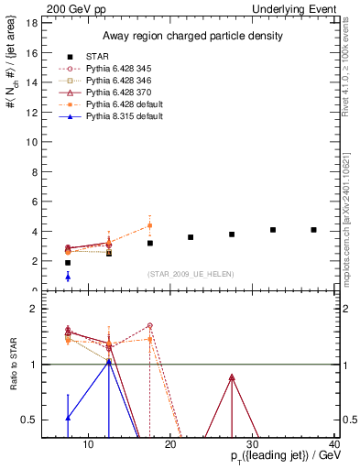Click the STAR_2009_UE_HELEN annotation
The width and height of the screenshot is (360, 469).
190,274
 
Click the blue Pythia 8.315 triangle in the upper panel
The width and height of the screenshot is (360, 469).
68,276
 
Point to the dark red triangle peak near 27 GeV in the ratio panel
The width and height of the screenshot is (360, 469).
232,377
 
